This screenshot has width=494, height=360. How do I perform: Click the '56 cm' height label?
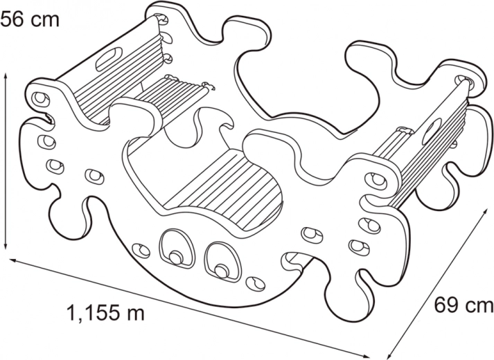tap(30, 19)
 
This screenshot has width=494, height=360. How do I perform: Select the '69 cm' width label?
tap(464, 305)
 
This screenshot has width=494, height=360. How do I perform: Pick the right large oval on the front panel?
tap(223, 261)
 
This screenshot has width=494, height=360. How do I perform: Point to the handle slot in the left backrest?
tap(109, 59)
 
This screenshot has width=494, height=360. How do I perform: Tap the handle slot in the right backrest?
tap(432, 132)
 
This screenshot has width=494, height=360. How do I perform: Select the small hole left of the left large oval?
tap(141, 250)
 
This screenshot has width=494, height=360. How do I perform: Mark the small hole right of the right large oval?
tap(256, 284)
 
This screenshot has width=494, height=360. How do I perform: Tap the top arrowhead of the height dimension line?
tap(6, 76)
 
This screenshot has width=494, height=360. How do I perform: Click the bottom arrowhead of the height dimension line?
tap(6, 245)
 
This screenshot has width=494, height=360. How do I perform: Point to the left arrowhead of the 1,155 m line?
tap(14, 260)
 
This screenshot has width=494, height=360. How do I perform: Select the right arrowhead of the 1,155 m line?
tap(364, 357)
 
